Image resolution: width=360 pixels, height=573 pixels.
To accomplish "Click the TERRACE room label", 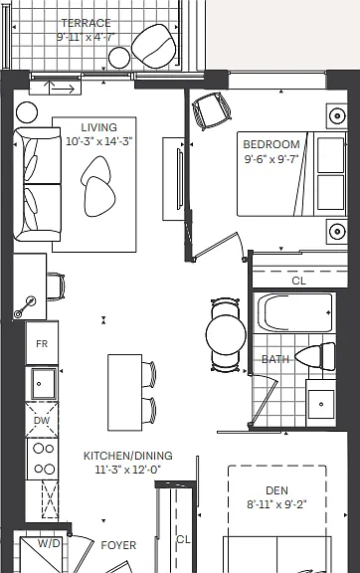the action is point(87,23).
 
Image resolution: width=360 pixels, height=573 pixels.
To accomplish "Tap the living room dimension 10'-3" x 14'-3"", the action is point(99,141).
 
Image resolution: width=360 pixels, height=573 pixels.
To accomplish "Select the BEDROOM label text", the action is point(271,144).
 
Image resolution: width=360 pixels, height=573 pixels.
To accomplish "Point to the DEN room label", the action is point(277,490).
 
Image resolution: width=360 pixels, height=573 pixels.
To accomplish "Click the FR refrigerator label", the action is point(42,344).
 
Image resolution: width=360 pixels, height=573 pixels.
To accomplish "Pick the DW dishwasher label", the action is point(42,420).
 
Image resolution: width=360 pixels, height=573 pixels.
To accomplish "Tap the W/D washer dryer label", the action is point(49,544).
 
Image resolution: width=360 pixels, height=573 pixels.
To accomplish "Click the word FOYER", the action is point(118,545).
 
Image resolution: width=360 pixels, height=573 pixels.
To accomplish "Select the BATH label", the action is point(275,359).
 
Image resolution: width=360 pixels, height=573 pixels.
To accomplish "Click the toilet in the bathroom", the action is point(316,356).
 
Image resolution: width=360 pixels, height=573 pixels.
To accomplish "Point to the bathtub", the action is point(294,312).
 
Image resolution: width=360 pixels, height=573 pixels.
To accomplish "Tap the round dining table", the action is point(226,335).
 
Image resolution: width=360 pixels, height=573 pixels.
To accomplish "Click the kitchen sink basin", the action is point(44,384).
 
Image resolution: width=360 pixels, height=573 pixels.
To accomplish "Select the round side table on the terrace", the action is point(119,58).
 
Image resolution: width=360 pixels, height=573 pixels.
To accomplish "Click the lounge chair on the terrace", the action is point(154,46).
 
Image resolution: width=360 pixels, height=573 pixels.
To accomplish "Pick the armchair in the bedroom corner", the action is point(212,110).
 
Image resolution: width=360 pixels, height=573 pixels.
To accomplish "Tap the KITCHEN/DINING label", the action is point(128,456).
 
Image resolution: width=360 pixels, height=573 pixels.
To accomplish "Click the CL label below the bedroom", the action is point(299,281).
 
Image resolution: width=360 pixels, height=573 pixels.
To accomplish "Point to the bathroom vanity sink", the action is point(321,404).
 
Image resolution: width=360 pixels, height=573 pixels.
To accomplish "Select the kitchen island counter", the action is point(125,393).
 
